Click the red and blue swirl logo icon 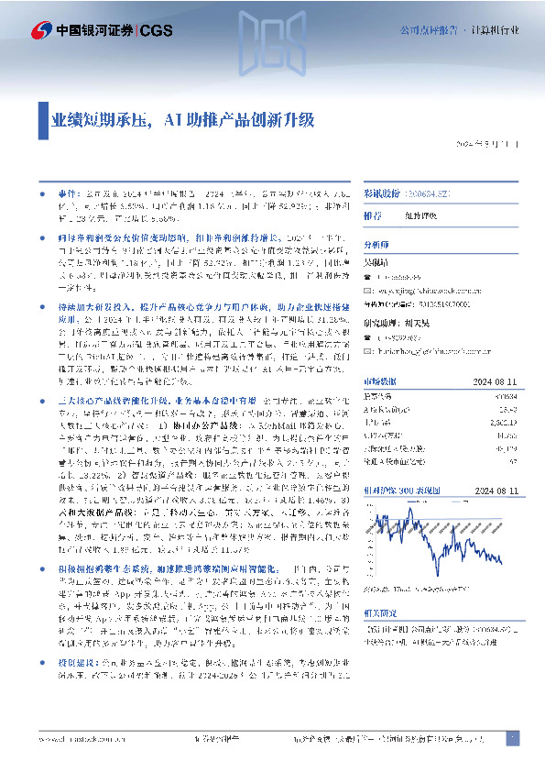click(40, 29)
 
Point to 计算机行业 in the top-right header click(494, 30)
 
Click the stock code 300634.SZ click(437, 195)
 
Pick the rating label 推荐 click(373, 215)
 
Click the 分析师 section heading click(376, 245)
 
